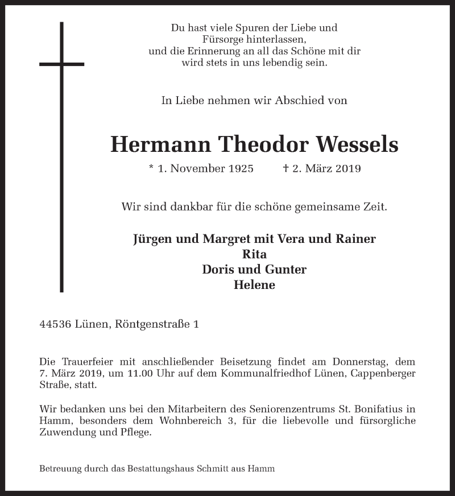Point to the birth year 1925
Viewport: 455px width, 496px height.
(238, 169)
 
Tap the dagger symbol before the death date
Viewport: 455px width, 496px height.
(286, 168)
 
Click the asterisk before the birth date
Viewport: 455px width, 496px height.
(151, 168)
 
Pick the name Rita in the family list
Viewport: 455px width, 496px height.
(254, 254)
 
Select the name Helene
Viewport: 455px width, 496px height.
(254, 285)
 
